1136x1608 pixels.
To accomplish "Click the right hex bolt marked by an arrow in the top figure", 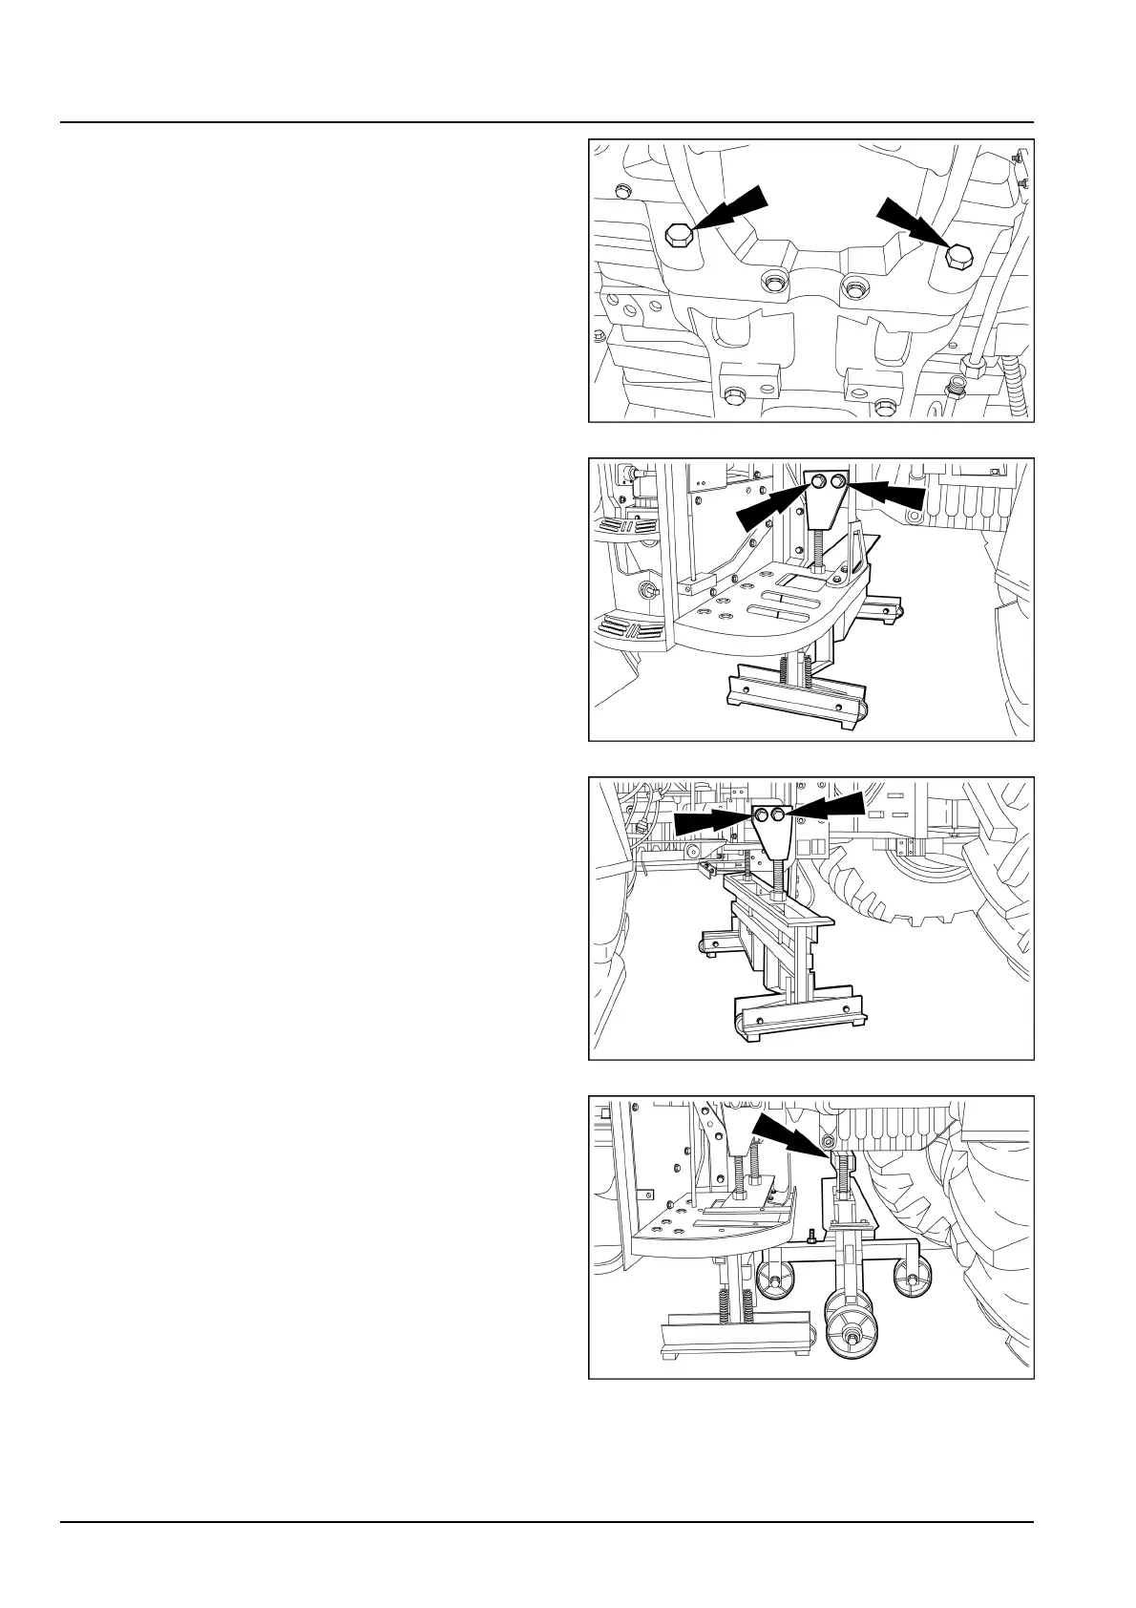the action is (957, 258).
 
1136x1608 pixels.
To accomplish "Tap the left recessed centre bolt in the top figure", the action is (772, 282).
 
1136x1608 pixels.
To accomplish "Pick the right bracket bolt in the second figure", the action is (838, 485).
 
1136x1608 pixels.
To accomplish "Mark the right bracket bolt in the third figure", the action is (779, 815).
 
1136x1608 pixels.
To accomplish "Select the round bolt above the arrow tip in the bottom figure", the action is (828, 1142).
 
